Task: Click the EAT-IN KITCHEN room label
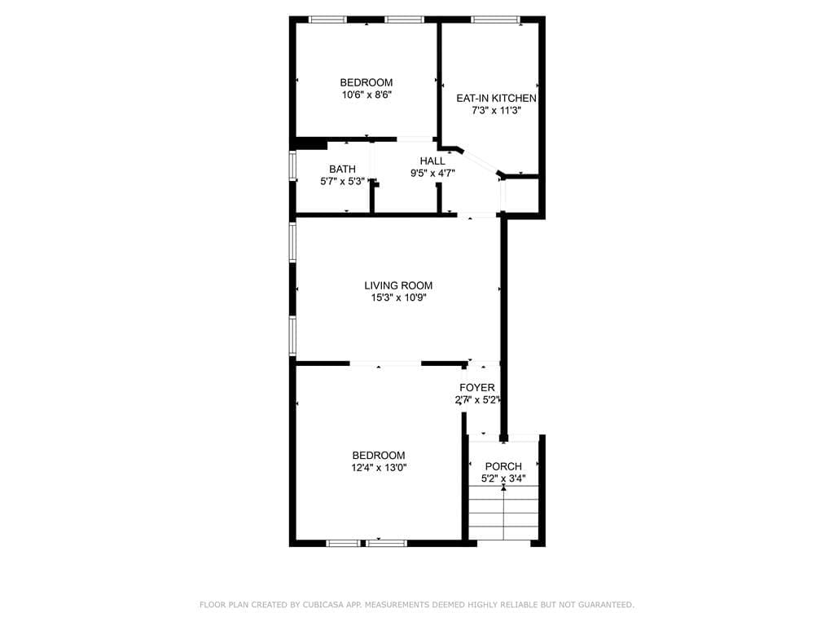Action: point(496,98)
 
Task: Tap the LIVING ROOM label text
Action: point(398,285)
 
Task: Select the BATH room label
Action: point(342,169)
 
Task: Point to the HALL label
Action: point(432,161)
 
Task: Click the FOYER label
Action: point(476,387)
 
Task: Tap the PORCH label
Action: point(503,466)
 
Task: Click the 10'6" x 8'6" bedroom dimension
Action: point(367,95)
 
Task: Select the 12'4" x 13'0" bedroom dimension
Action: point(379,468)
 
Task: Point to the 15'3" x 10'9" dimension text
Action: point(398,298)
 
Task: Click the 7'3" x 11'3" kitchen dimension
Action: point(496,110)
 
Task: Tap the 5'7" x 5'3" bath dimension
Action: point(342,181)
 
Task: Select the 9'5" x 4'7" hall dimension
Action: point(432,173)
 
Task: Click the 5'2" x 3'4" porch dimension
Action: point(503,478)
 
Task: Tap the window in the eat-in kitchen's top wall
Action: point(496,20)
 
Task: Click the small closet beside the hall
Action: point(523,196)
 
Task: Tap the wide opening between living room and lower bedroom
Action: point(385,363)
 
